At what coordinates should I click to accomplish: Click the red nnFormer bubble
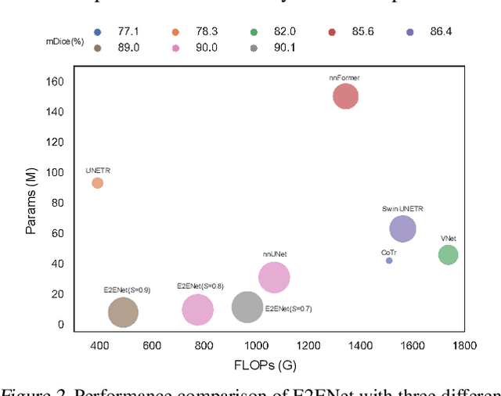click(345, 96)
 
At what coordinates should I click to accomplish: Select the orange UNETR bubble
click(97, 183)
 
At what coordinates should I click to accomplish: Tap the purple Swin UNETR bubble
click(402, 229)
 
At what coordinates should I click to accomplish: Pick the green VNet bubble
click(448, 254)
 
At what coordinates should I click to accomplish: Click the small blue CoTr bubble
click(389, 261)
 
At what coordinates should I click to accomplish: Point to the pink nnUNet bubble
click(274, 277)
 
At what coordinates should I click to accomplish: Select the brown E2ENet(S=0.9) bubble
click(123, 313)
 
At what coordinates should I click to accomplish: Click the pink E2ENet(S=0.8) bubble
click(197, 310)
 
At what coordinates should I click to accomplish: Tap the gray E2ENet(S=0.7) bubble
click(247, 307)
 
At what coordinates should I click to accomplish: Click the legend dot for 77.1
click(97, 32)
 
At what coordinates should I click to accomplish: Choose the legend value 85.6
click(362, 32)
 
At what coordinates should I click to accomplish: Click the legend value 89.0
click(127, 48)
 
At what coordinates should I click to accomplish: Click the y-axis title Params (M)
click(31, 201)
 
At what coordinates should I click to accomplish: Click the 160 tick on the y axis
click(56, 81)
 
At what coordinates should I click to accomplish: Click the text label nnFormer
click(344, 78)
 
